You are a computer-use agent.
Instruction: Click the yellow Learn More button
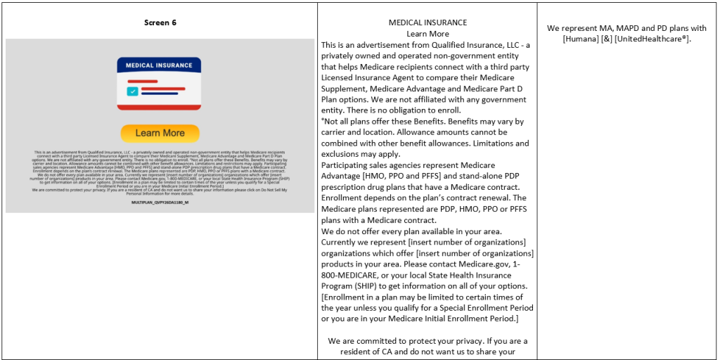pos(160,133)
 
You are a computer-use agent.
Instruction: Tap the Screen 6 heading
pos(160,22)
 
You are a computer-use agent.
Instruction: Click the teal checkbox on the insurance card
pos(132,91)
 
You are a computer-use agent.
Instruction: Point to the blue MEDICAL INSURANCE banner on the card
pos(159,65)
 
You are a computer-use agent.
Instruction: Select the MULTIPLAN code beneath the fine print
pos(160,202)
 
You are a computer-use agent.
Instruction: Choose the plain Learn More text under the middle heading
pos(427,34)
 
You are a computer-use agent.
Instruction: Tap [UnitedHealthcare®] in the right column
pos(652,39)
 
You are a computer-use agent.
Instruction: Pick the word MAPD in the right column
pos(605,28)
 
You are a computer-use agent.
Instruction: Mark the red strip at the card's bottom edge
pos(159,107)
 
